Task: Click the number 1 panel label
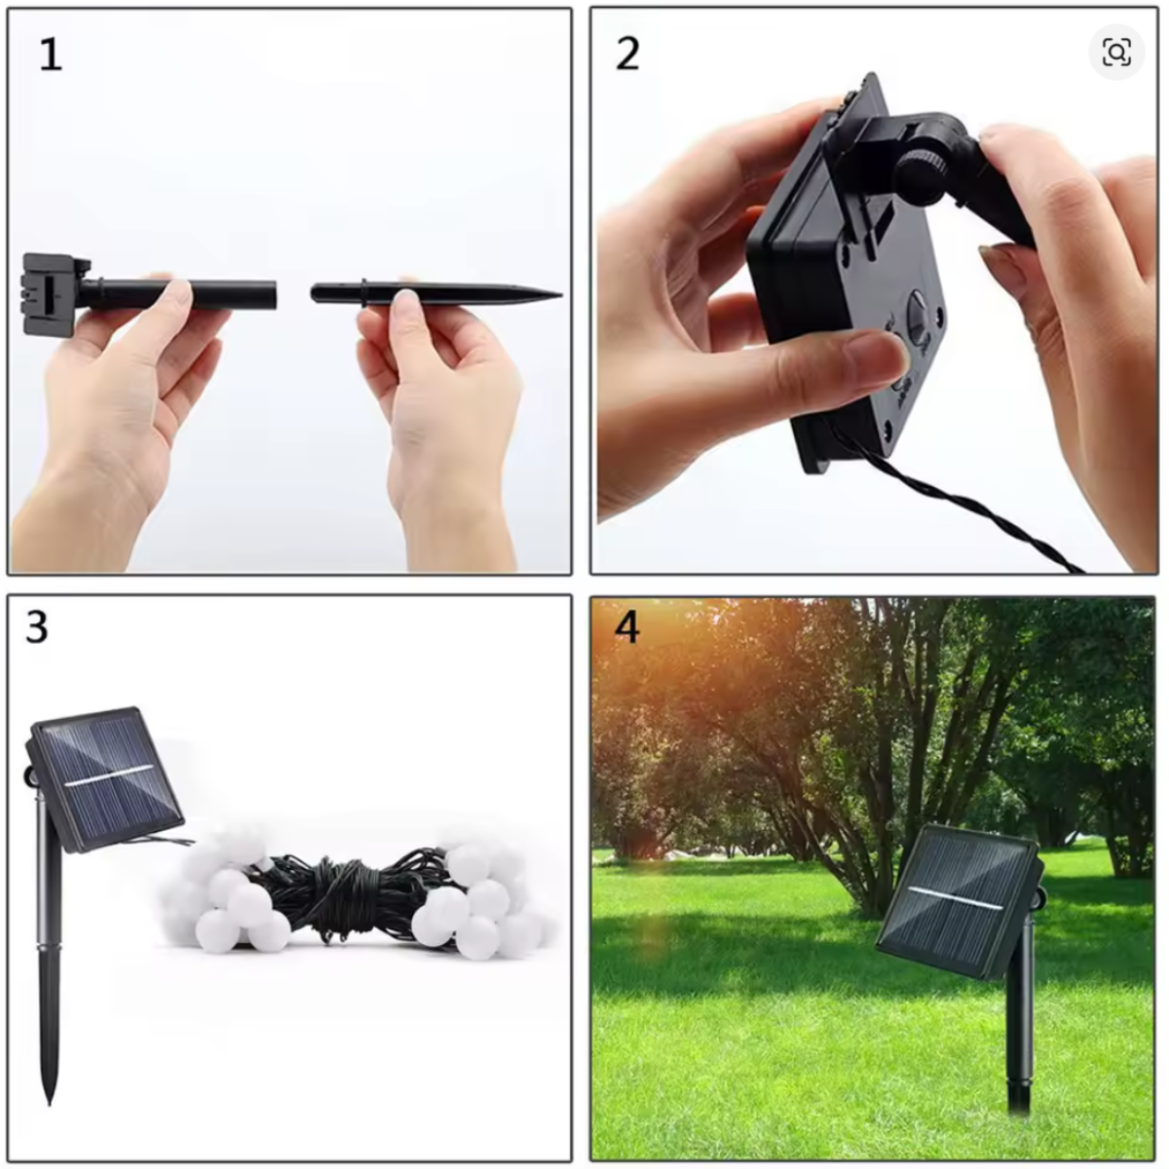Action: (x=51, y=55)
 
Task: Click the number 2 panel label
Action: (x=628, y=54)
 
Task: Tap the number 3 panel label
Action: (x=37, y=627)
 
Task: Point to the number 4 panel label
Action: (x=626, y=627)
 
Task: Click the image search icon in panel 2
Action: (x=1116, y=54)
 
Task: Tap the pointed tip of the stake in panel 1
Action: (x=561, y=295)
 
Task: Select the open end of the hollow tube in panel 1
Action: (x=274, y=295)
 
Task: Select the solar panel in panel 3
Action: (x=107, y=779)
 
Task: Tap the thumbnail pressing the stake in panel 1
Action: (x=404, y=298)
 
